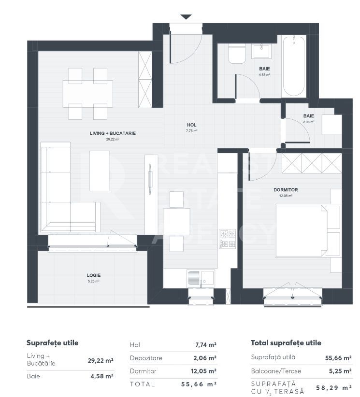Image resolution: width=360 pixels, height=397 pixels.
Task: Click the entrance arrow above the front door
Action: pos(186,17)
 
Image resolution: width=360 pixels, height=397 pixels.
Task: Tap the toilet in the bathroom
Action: pos(237,55)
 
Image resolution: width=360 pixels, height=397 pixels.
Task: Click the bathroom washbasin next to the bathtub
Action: pos(263,51)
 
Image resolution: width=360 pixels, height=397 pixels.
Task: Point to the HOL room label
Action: pos(191,125)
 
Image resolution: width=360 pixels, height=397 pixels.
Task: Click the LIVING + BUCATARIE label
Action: pos(112,133)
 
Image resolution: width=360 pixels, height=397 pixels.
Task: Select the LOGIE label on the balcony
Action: pos(94,276)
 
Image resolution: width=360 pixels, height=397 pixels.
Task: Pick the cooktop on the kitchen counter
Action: pos(227,239)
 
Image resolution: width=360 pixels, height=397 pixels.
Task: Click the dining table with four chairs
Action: pos(88,93)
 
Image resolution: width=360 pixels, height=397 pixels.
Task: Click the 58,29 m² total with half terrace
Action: pos(333,387)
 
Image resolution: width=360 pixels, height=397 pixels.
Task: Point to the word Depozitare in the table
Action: pos(146,358)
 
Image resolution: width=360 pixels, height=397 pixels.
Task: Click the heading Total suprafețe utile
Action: pos(286,343)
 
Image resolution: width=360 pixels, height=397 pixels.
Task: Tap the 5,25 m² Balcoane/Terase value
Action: pos(339,371)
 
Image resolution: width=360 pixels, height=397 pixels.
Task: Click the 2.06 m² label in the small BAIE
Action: pos(309,122)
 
